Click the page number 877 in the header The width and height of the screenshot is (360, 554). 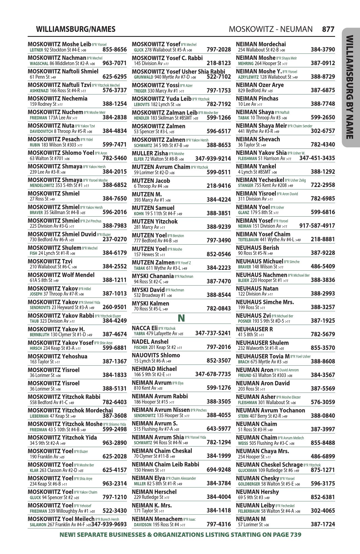tap(328, 29)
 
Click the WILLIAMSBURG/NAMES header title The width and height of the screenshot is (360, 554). tap(76, 29)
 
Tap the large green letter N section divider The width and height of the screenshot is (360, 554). tap(181, 318)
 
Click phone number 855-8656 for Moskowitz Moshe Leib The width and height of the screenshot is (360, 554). tap(114, 50)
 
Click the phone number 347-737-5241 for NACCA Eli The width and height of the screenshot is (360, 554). tap(213, 333)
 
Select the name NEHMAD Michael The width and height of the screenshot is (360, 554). tap(154, 369)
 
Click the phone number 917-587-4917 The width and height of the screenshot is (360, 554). tap(317, 226)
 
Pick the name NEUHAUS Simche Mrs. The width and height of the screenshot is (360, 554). tap(265, 302)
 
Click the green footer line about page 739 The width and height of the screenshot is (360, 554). tap(180, 535)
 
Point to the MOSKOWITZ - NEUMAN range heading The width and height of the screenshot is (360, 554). tap(270, 29)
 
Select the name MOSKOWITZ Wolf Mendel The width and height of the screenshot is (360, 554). tap(61, 275)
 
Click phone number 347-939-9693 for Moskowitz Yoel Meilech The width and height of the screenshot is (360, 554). tap(109, 524)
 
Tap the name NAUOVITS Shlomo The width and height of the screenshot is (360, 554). tap(156, 355)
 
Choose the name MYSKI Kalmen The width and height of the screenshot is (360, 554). tap(150, 304)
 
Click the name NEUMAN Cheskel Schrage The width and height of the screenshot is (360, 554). tap(269, 465)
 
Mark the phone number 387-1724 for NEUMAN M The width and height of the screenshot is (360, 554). tap(323, 524)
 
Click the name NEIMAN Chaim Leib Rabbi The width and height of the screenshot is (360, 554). tap(165, 465)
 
